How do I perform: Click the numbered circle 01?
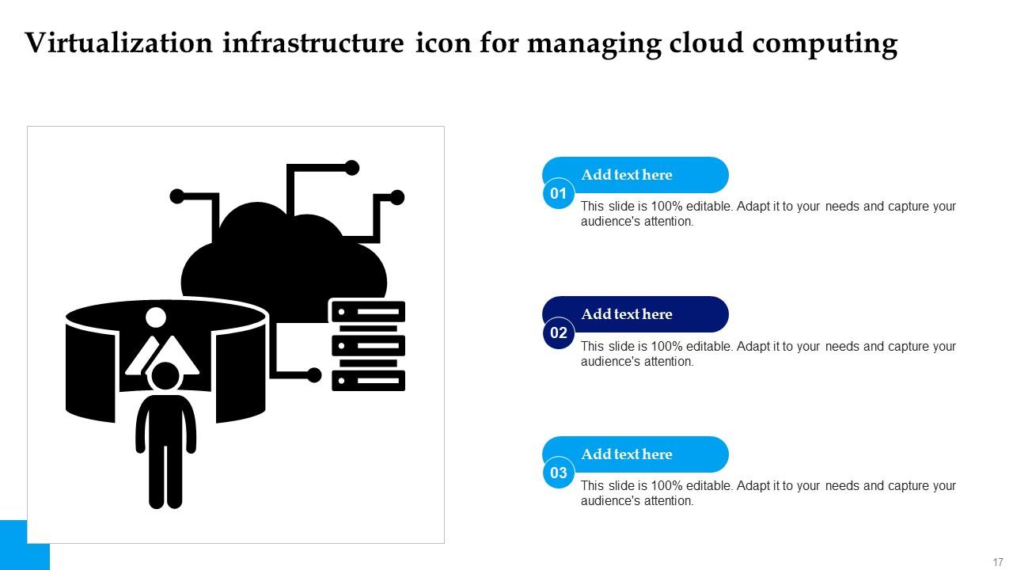click(x=559, y=193)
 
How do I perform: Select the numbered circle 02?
click(x=559, y=332)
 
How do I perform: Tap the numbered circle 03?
click(x=559, y=473)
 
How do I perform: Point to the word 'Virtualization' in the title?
click(x=119, y=44)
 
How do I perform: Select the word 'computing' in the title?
click(x=825, y=45)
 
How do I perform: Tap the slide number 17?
click(x=997, y=561)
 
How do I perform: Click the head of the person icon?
click(x=166, y=377)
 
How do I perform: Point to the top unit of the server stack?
click(x=368, y=311)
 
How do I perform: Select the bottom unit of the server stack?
click(x=368, y=381)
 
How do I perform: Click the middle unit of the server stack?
click(x=368, y=346)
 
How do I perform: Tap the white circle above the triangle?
click(x=156, y=317)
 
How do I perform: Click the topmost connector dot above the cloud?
click(x=352, y=167)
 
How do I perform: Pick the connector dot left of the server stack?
click(x=314, y=375)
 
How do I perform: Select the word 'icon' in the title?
click(x=442, y=44)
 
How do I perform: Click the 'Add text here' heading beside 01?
click(x=626, y=175)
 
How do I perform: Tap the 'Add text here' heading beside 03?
click(x=626, y=454)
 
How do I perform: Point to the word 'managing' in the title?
click(x=594, y=45)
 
